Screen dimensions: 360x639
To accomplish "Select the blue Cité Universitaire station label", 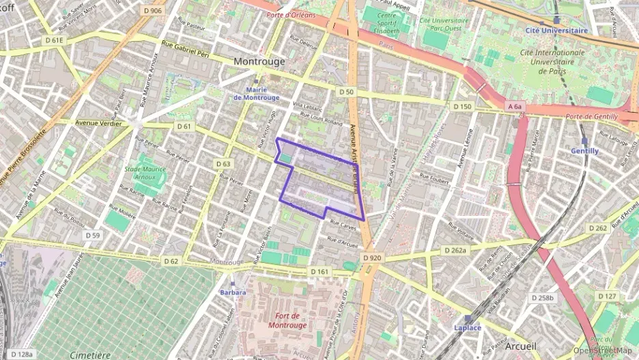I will click(x=556, y=30).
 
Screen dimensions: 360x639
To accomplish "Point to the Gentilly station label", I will click(x=584, y=150).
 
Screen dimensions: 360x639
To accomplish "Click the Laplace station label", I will click(x=468, y=328).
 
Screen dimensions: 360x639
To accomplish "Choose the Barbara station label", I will click(x=232, y=292).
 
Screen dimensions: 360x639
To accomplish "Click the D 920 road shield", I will click(x=371, y=258).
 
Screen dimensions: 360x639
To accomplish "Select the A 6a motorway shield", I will click(x=515, y=107).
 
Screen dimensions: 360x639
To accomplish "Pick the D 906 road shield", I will click(x=153, y=10).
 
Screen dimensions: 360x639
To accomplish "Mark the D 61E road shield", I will click(x=55, y=40).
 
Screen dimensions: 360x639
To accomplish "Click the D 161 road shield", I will click(x=319, y=271).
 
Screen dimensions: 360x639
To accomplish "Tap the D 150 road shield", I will click(x=461, y=107).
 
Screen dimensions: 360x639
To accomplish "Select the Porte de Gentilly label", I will click(x=592, y=117).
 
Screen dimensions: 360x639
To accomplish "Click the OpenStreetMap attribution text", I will click(x=602, y=350).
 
